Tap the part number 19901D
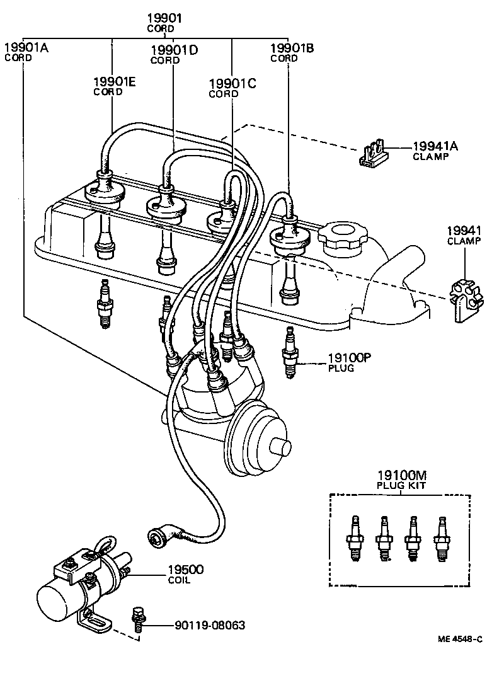(x=175, y=50)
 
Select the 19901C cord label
(x=232, y=83)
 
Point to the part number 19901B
(x=292, y=48)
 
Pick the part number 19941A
(x=435, y=146)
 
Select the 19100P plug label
(x=349, y=358)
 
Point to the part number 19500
(x=185, y=570)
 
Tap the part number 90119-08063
(x=210, y=626)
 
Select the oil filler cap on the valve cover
(x=340, y=239)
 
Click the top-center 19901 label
(x=165, y=18)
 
